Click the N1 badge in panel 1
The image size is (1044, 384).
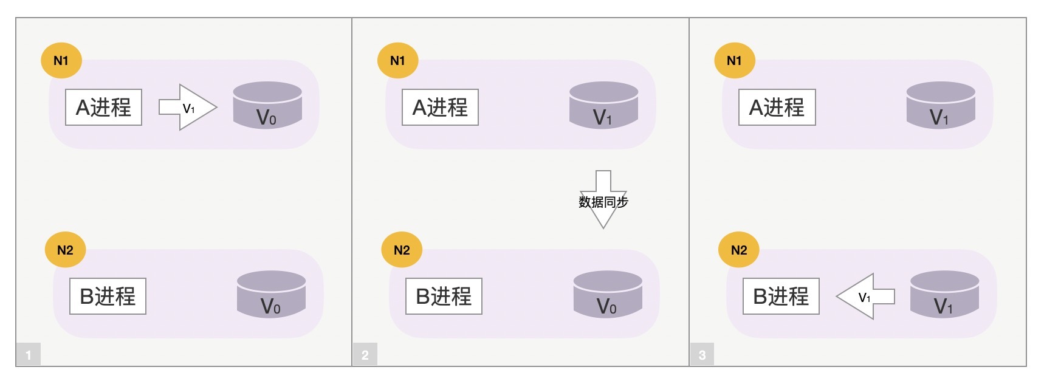tap(61, 60)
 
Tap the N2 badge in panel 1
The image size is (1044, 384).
tap(65, 250)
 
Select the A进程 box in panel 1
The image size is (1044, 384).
tap(103, 108)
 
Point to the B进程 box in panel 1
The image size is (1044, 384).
tap(108, 297)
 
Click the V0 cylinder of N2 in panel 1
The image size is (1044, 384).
tap(271, 294)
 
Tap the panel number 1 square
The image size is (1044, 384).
tap(29, 354)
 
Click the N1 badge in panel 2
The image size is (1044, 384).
tap(397, 60)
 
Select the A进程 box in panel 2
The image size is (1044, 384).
tap(440, 108)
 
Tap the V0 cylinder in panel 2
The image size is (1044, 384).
tap(608, 294)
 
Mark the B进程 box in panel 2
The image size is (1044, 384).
tap(444, 297)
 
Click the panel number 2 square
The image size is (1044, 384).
tap(365, 354)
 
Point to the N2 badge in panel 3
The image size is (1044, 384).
tap(738, 250)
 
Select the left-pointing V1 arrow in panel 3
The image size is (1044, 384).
tap(865, 297)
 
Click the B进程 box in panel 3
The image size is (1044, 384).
tap(781, 297)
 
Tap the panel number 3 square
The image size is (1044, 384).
tap(702, 354)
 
